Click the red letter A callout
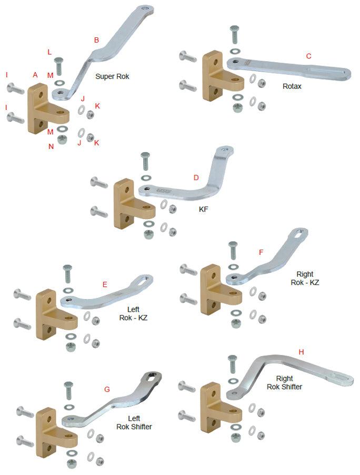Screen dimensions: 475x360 (x=35, y=75)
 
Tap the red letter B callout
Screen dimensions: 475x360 (x=96, y=39)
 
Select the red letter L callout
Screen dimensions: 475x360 (x=49, y=52)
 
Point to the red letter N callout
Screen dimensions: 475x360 (x=51, y=146)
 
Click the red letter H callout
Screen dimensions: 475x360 (x=301, y=351)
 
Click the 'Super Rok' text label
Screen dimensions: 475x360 (x=112, y=76)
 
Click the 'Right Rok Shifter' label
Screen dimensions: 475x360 (x=284, y=382)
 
